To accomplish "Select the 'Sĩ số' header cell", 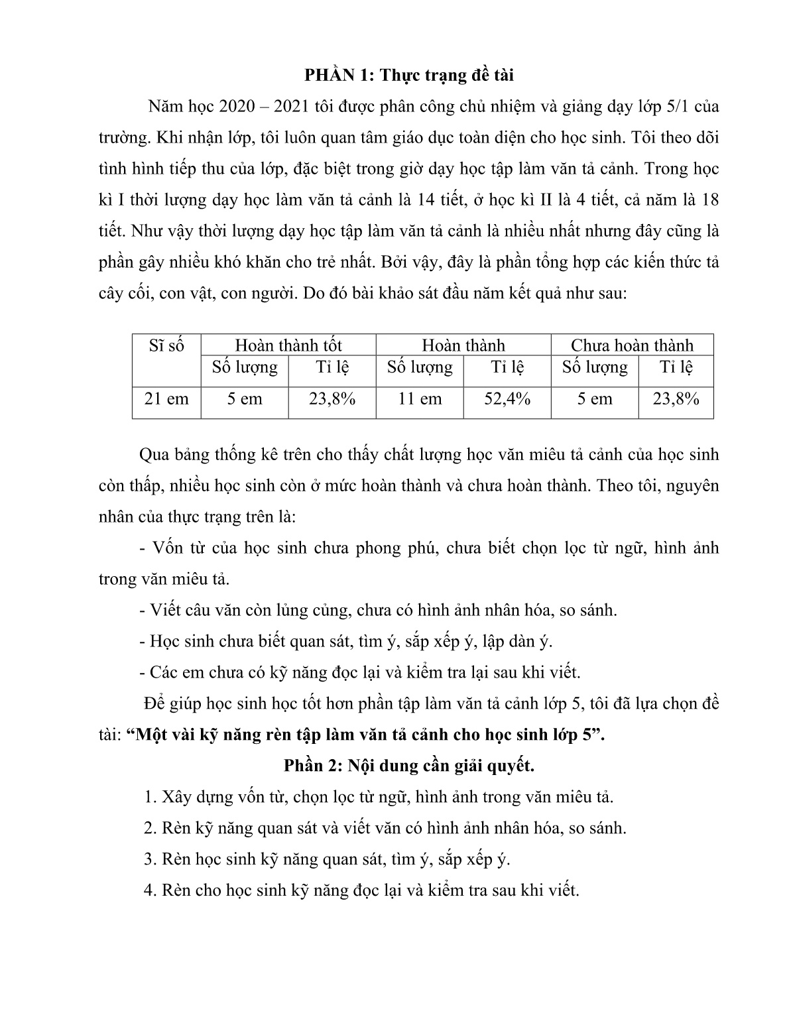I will (166, 345).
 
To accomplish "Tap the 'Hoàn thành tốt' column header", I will (288, 345).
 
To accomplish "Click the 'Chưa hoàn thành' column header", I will (631, 345).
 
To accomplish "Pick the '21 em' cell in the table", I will (166, 399).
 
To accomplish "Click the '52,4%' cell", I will (507, 399).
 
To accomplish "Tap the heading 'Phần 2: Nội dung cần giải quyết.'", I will (408, 766).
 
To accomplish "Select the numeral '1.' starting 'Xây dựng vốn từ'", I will (150, 797).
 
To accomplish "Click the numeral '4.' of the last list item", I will (150, 890).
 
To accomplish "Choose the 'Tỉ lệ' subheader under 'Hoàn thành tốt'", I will (332, 367).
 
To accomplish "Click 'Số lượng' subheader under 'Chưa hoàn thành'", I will (594, 367).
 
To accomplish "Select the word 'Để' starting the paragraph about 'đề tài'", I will (152, 703).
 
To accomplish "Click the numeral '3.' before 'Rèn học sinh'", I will (150, 859).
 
